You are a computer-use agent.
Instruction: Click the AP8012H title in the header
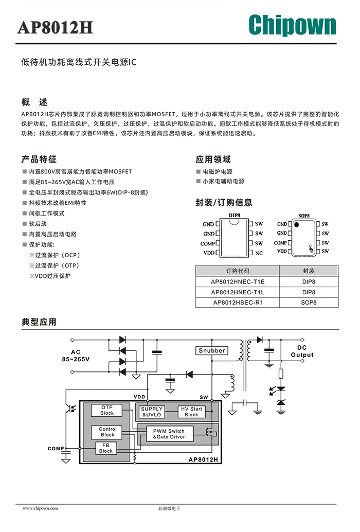click(x=55, y=27)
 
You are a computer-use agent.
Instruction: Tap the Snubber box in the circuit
click(x=212, y=350)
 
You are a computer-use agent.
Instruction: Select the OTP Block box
click(x=107, y=410)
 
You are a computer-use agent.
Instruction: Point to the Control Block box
click(x=107, y=432)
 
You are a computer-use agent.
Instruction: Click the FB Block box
click(x=106, y=448)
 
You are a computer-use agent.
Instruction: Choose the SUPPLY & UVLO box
click(x=152, y=412)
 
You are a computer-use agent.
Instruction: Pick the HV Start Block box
click(x=191, y=412)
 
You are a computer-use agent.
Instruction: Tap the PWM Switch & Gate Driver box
click(x=169, y=434)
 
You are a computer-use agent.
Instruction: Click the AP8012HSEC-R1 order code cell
click(x=238, y=303)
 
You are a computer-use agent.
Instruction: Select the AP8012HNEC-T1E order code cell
click(x=238, y=281)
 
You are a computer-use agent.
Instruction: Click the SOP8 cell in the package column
click(x=309, y=303)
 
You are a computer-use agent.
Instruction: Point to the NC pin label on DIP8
click(x=259, y=253)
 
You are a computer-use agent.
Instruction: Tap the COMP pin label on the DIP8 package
click(x=207, y=243)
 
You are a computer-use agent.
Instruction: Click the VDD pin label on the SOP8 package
click(x=282, y=252)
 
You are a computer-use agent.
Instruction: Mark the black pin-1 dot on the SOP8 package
click(x=297, y=225)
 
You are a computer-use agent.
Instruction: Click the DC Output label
click(x=302, y=351)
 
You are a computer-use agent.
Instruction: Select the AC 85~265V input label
click(x=76, y=356)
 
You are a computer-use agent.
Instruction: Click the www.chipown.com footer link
click(x=40, y=508)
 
